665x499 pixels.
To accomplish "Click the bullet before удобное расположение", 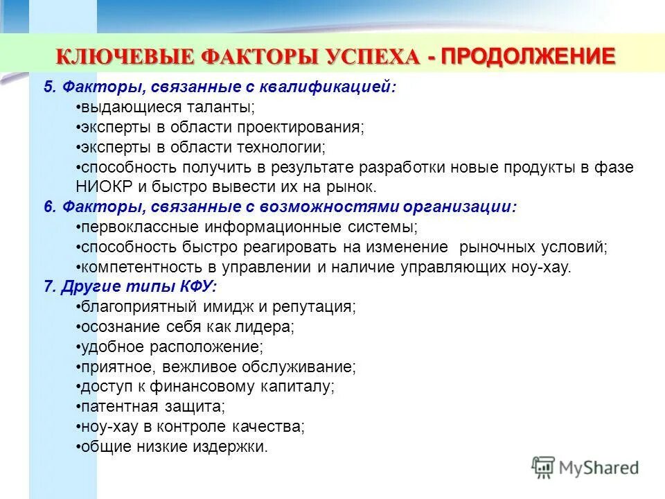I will point(78,347).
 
